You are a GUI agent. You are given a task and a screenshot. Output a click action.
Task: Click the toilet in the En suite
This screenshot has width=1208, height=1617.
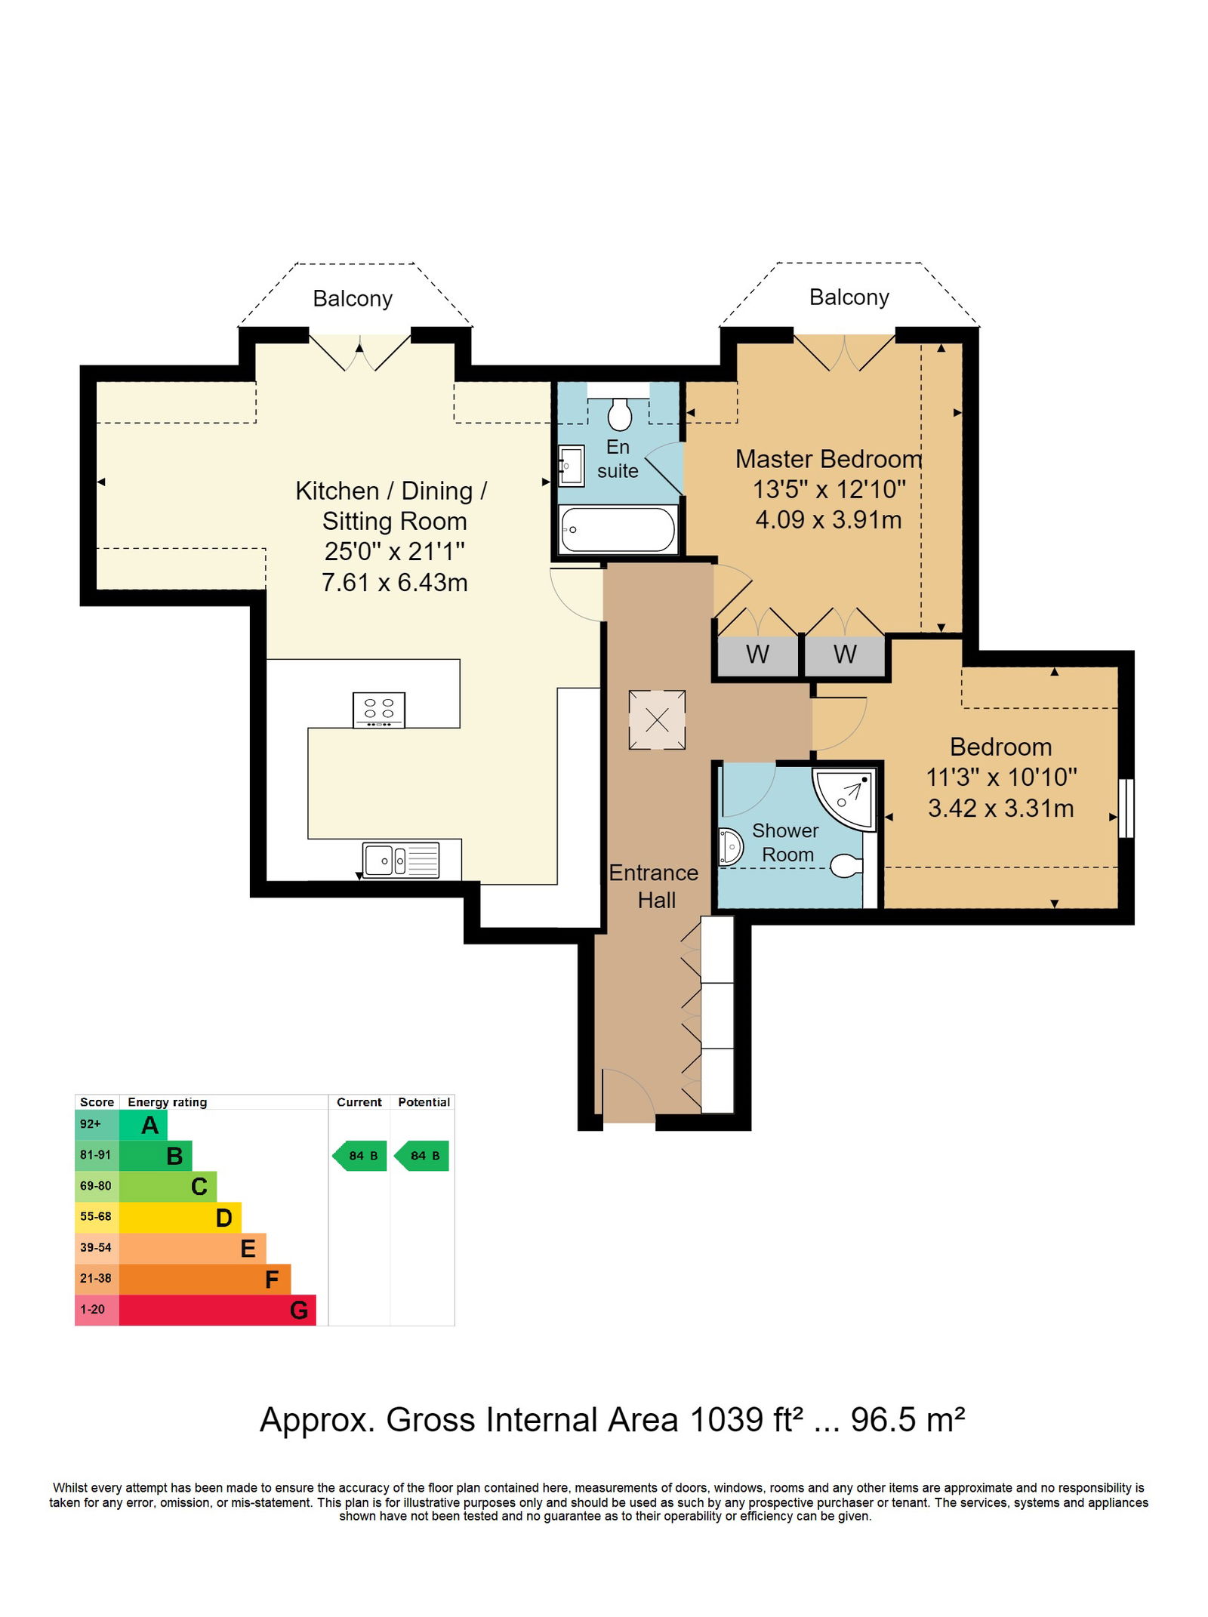[x=619, y=413]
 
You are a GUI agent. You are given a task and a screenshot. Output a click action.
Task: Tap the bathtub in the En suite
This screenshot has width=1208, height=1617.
[x=618, y=528]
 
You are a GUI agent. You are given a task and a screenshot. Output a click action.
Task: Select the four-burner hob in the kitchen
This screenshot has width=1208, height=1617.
[x=378, y=710]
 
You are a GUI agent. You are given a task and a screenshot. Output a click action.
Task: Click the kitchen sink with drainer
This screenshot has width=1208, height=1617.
[x=401, y=860]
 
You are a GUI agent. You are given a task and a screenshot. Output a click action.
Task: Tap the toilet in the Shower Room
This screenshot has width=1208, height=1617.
[x=846, y=865]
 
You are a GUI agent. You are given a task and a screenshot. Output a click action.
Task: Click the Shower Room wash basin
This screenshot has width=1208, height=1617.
[x=730, y=846]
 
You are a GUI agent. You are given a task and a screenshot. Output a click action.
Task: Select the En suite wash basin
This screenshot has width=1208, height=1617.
[x=571, y=466]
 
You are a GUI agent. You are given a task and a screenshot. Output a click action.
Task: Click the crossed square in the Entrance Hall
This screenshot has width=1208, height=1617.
[x=657, y=719]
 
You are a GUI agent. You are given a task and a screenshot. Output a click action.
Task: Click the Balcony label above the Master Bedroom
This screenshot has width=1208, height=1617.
[x=849, y=297]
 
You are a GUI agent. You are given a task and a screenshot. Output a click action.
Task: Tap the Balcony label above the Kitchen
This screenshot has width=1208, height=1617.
[x=353, y=299]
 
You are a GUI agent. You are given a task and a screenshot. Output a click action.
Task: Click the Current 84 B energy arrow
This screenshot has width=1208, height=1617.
[x=359, y=1156]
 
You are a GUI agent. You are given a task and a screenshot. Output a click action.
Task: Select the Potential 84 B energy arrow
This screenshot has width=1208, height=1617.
[x=421, y=1156]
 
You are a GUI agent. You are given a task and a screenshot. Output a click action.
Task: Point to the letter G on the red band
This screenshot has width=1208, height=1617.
[x=299, y=1311]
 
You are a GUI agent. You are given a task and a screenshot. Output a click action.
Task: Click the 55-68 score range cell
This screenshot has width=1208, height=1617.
[x=96, y=1217]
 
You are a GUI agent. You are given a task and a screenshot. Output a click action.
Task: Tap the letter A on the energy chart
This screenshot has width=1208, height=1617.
[x=150, y=1126]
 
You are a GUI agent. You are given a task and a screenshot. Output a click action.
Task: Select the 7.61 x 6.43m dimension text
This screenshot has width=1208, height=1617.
[x=395, y=583]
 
